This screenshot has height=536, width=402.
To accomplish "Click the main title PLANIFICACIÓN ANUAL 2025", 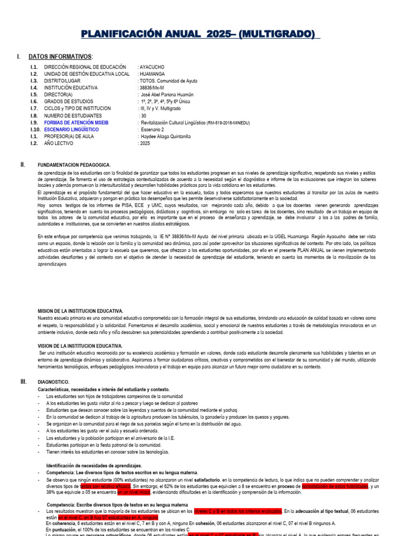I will tap(200, 34).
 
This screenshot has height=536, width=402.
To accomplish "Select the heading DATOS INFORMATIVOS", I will tap(60, 57).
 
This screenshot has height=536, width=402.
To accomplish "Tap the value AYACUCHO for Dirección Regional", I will tap(152, 68).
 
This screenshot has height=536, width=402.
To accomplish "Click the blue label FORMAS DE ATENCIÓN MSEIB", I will tap(76, 122).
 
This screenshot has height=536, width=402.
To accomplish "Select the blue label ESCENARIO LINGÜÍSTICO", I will tap(71, 129).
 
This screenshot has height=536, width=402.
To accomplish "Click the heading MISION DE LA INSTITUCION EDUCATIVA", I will tap(80, 311).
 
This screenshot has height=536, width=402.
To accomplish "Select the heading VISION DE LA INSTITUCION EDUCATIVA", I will tap(80, 346).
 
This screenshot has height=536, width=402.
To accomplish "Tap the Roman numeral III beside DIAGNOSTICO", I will tap(24, 382).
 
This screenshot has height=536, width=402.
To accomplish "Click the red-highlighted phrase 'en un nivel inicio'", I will tap(133, 493).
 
